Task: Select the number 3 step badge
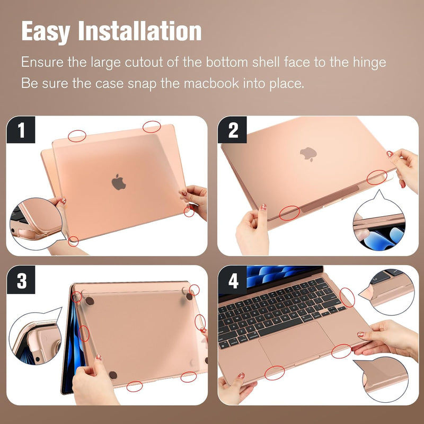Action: [x=22, y=280]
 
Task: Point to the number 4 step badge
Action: [x=233, y=280]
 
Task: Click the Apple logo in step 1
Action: [x=119, y=182]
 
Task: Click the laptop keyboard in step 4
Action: [x=281, y=307]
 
